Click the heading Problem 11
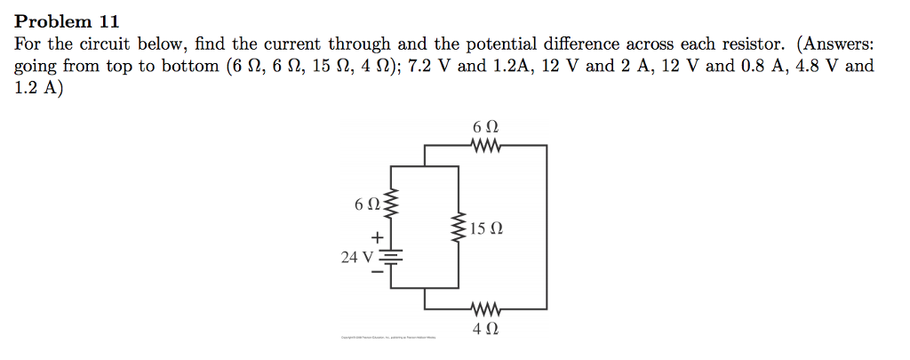click(x=68, y=21)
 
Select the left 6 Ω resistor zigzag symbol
click(x=390, y=205)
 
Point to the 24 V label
click(x=359, y=257)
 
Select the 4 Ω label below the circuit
click(x=485, y=329)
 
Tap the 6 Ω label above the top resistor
click(x=486, y=126)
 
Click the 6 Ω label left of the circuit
click(x=367, y=205)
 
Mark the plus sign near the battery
click(x=378, y=237)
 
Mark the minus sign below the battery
click(x=378, y=274)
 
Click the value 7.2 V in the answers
click(x=430, y=67)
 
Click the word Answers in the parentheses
click(x=840, y=44)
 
